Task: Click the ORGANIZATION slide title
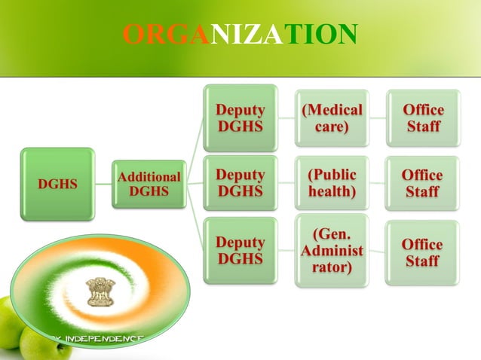click(x=240, y=34)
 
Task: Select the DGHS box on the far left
click(x=57, y=184)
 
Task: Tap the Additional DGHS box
click(x=149, y=184)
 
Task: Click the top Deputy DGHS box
click(x=240, y=117)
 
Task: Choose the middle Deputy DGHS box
click(x=240, y=183)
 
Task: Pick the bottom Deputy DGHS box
click(x=240, y=250)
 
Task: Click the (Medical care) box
click(x=332, y=117)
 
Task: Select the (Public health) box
click(x=332, y=183)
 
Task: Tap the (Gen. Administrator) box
click(x=332, y=251)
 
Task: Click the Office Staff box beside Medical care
click(x=423, y=117)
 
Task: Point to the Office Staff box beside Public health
click(x=423, y=183)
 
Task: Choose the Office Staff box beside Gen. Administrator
click(x=423, y=251)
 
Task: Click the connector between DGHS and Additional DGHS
click(x=103, y=184)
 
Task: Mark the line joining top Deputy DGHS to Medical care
click(x=286, y=117)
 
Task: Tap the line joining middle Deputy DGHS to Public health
click(x=286, y=183)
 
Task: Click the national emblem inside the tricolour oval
click(x=99, y=292)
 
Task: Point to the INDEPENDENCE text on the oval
click(x=103, y=338)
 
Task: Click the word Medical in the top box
click(x=332, y=109)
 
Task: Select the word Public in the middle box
click(x=332, y=175)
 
